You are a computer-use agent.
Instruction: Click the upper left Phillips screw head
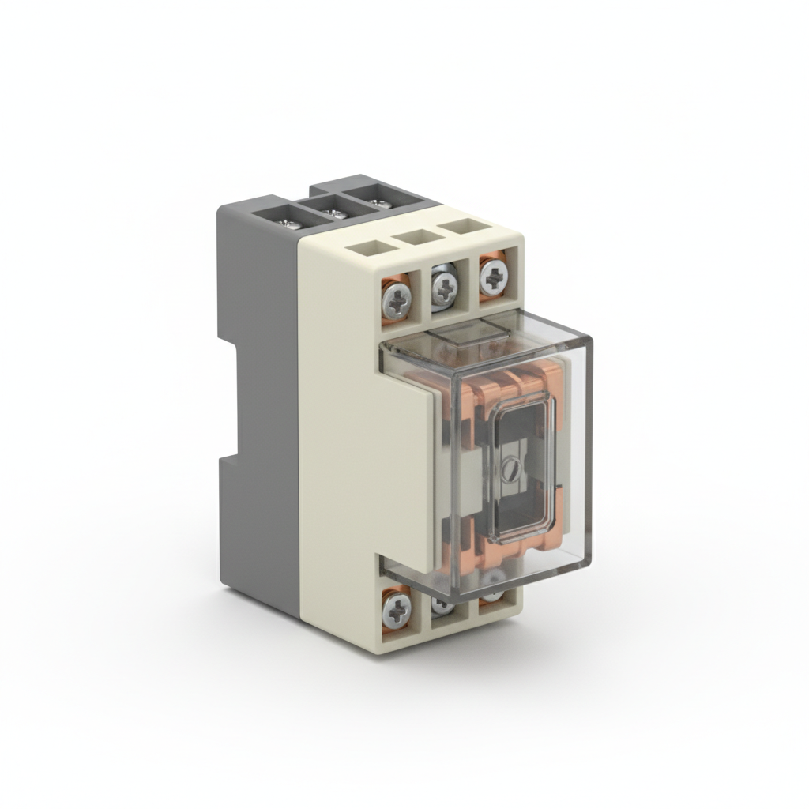(397, 298)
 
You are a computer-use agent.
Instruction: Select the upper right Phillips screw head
(493, 277)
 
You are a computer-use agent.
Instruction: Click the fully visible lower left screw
(397, 609)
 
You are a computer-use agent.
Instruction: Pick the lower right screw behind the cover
(491, 594)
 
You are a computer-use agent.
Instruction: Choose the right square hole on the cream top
(461, 228)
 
